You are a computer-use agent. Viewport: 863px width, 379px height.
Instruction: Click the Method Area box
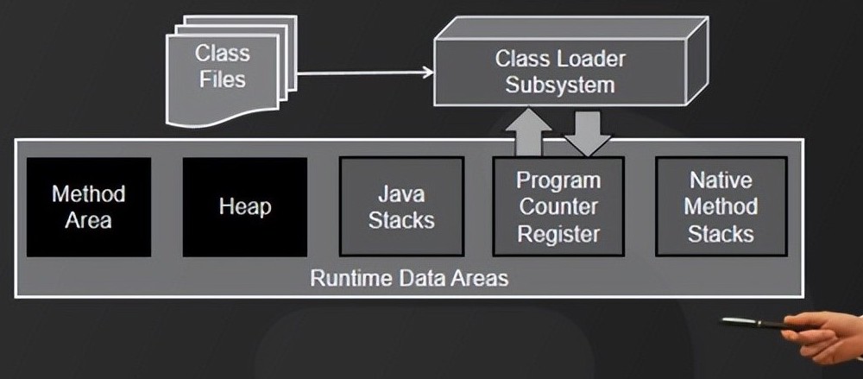(x=88, y=207)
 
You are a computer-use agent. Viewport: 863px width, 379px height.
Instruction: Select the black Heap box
(x=245, y=207)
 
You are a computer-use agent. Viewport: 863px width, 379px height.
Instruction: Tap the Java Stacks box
(x=401, y=207)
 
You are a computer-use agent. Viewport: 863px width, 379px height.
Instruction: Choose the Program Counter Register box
(x=557, y=207)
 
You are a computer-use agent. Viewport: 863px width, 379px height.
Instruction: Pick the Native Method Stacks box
(x=721, y=207)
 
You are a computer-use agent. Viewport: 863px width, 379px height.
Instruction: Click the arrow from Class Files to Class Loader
(x=362, y=73)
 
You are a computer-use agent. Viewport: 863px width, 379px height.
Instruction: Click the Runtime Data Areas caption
(x=409, y=279)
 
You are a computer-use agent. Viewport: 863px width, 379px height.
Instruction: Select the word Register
(x=558, y=233)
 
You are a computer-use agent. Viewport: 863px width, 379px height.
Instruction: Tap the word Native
(x=721, y=180)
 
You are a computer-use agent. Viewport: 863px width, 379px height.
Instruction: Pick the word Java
(x=401, y=193)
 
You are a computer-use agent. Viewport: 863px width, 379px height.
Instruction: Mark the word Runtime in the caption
(x=345, y=279)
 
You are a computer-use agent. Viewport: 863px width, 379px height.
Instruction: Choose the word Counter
(x=558, y=207)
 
